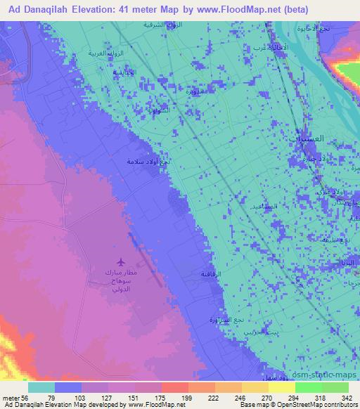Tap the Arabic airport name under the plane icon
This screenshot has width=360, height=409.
click(122, 280)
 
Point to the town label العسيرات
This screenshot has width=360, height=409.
click(307, 139)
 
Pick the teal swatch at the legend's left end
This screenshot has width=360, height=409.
click(41, 387)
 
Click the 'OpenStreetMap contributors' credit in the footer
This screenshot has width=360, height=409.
click(309, 405)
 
